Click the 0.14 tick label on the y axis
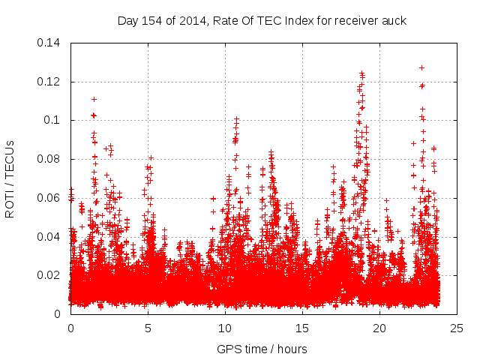50,43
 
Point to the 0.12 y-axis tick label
50,82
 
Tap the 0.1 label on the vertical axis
54,120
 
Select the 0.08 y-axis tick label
50,159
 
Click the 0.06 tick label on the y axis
50,198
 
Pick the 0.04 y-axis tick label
50,237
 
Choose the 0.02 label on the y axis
50,275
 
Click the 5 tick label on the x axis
148,328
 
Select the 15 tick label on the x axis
302,328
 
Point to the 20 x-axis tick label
379,328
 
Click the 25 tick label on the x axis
457,328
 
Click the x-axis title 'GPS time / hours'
262,349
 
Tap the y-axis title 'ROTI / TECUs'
10,178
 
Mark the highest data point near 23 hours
421,67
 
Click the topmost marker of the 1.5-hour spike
94,99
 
